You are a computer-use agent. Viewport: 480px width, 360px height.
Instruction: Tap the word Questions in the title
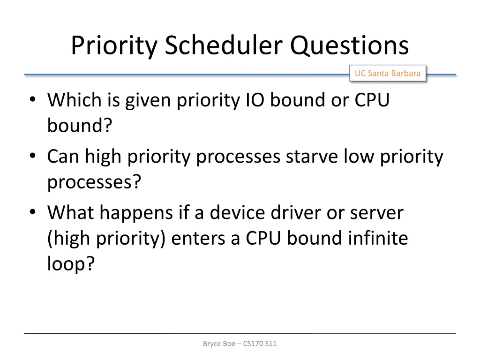click(349, 46)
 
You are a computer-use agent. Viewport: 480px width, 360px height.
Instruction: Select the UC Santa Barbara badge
click(387, 73)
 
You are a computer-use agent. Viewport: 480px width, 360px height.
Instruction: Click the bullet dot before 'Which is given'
click(32, 100)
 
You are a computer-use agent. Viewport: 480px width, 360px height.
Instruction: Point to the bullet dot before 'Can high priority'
click(32, 157)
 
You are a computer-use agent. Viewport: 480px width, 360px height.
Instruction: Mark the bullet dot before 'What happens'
click(32, 213)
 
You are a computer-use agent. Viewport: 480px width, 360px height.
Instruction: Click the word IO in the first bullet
click(256, 100)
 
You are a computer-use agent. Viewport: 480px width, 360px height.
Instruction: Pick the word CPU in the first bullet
click(372, 100)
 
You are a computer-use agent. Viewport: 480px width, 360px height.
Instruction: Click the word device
click(239, 213)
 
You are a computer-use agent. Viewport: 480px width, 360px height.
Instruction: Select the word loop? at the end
click(71, 264)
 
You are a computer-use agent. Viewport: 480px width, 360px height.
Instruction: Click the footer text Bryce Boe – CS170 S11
click(240, 344)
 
